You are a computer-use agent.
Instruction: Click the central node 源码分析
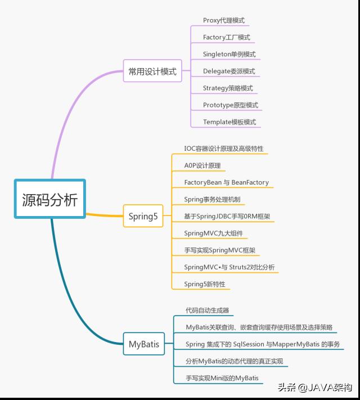(49, 200)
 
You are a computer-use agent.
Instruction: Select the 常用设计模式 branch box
(152, 71)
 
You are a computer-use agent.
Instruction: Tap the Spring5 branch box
(143, 216)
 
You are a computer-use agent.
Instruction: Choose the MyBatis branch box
(144, 343)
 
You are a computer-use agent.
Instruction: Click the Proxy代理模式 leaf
(224, 20)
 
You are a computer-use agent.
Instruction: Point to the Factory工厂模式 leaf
(227, 37)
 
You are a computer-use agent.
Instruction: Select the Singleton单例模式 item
(229, 54)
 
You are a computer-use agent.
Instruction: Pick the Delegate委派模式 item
(229, 71)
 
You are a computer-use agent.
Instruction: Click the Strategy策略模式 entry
(228, 88)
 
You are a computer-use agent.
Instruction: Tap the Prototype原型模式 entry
(231, 105)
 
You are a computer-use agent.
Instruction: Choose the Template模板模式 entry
(229, 122)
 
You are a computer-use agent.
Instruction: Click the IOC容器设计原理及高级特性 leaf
(223, 149)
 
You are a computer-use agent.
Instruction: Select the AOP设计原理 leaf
(202, 165)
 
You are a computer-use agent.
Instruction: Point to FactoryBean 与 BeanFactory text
(226, 182)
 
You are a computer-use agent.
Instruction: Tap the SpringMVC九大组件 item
(213, 233)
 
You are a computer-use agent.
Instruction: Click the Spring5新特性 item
(205, 284)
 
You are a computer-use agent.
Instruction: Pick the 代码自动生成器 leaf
(208, 310)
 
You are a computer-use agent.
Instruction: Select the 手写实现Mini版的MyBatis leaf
(222, 377)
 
